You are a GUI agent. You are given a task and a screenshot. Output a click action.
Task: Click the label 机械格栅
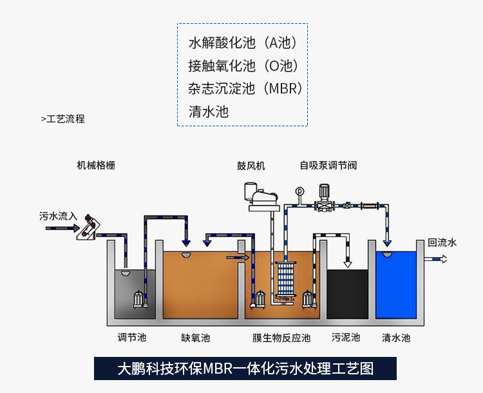(x=96, y=166)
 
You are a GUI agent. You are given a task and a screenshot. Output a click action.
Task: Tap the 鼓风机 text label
(x=251, y=166)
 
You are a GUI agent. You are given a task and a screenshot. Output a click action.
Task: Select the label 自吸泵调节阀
(x=328, y=166)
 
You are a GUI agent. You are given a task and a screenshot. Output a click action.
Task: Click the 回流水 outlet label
(x=442, y=242)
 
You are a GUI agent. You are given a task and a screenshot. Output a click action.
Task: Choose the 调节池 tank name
(x=132, y=338)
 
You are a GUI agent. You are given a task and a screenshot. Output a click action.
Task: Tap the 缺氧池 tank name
(x=196, y=338)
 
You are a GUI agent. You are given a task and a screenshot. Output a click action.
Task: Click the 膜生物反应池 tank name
(x=281, y=338)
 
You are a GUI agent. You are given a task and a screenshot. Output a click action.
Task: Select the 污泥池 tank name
(x=346, y=338)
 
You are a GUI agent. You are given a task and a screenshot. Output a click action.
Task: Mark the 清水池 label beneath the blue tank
(x=396, y=338)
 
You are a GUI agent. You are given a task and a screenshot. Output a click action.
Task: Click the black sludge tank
(x=348, y=293)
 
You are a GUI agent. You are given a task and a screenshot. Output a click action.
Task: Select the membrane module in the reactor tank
(x=283, y=282)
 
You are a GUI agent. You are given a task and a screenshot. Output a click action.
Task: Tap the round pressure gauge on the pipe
(x=298, y=191)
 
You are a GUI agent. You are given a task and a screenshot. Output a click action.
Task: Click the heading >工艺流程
(x=62, y=119)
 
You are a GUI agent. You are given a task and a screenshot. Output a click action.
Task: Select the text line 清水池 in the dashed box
(x=209, y=111)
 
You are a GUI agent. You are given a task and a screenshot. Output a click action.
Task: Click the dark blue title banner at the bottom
(x=245, y=368)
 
